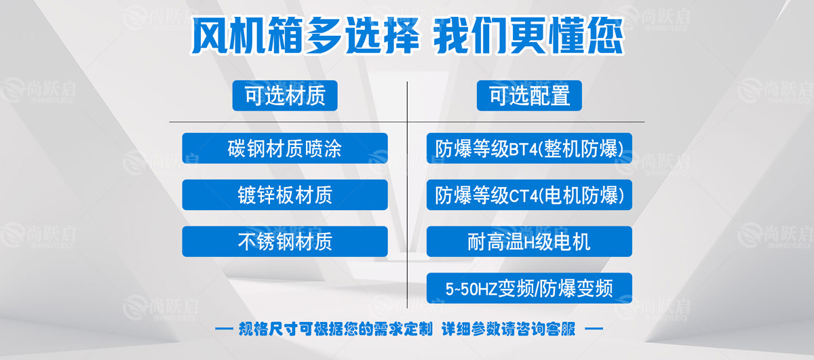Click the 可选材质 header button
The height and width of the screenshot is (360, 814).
pyautogui.click(x=285, y=96)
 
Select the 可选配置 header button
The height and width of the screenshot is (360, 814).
pyautogui.click(x=529, y=96)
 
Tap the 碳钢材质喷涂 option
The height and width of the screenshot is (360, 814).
pyautogui.click(x=285, y=148)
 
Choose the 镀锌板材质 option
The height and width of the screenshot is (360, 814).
pyautogui.click(x=285, y=195)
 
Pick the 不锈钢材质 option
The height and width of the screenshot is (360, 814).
pyautogui.click(x=285, y=241)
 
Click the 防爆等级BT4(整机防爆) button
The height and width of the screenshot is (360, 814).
pyautogui.click(x=529, y=148)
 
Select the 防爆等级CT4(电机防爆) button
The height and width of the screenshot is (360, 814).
pyautogui.click(x=529, y=195)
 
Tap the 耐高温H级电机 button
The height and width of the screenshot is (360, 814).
pyautogui.click(x=529, y=241)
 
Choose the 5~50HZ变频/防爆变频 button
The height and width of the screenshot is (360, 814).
pyautogui.click(x=529, y=288)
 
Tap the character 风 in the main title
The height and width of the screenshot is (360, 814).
pyautogui.click(x=210, y=35)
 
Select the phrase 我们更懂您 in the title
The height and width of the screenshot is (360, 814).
pyautogui.click(x=529, y=35)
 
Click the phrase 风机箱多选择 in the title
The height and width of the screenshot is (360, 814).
pyautogui.click(x=305, y=35)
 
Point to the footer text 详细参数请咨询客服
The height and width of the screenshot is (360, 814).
pyautogui.click(x=508, y=329)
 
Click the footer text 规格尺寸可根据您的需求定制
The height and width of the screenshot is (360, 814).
pyautogui.click(x=335, y=329)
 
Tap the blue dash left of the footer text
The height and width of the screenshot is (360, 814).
pyautogui.click(x=224, y=329)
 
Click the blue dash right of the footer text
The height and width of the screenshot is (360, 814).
pyautogui.click(x=594, y=329)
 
